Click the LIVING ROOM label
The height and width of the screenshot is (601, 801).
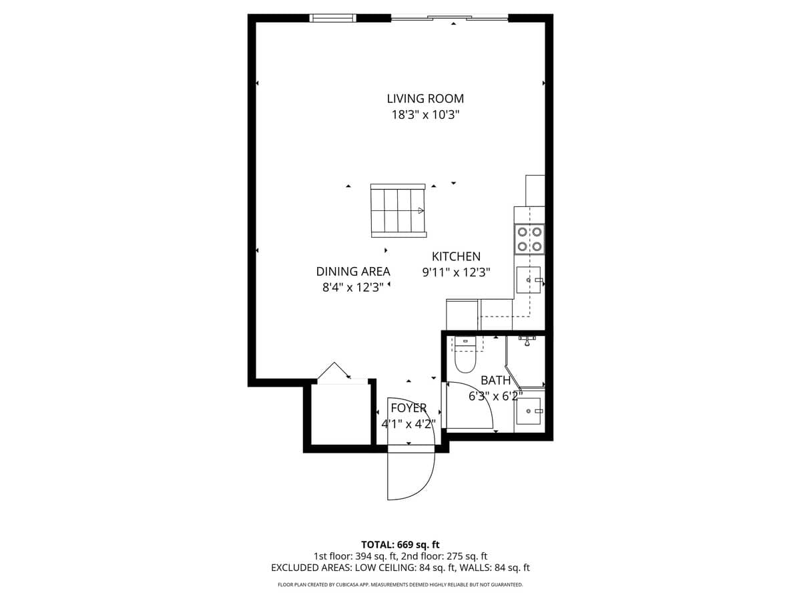coord(425,99)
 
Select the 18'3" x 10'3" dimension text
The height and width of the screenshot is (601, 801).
coord(425,115)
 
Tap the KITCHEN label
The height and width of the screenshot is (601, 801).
coord(456,256)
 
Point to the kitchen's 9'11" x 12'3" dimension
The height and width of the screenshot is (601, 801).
coord(456,272)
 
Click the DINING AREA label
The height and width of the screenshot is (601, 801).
coord(353,272)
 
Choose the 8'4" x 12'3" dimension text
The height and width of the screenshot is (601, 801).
coord(353,288)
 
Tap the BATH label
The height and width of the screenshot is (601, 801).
coord(495,381)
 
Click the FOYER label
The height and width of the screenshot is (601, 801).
coord(409,408)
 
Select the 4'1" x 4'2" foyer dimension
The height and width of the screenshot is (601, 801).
coord(409,423)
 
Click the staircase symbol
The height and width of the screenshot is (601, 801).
coord(398,210)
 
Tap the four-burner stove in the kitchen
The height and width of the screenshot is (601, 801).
coord(529,239)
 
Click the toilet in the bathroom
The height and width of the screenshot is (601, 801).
coord(465,357)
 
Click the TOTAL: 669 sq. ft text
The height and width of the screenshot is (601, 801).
coord(400,544)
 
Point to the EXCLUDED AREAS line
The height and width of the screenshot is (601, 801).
coord(400,568)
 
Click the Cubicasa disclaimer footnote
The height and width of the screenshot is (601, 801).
coord(400,585)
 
